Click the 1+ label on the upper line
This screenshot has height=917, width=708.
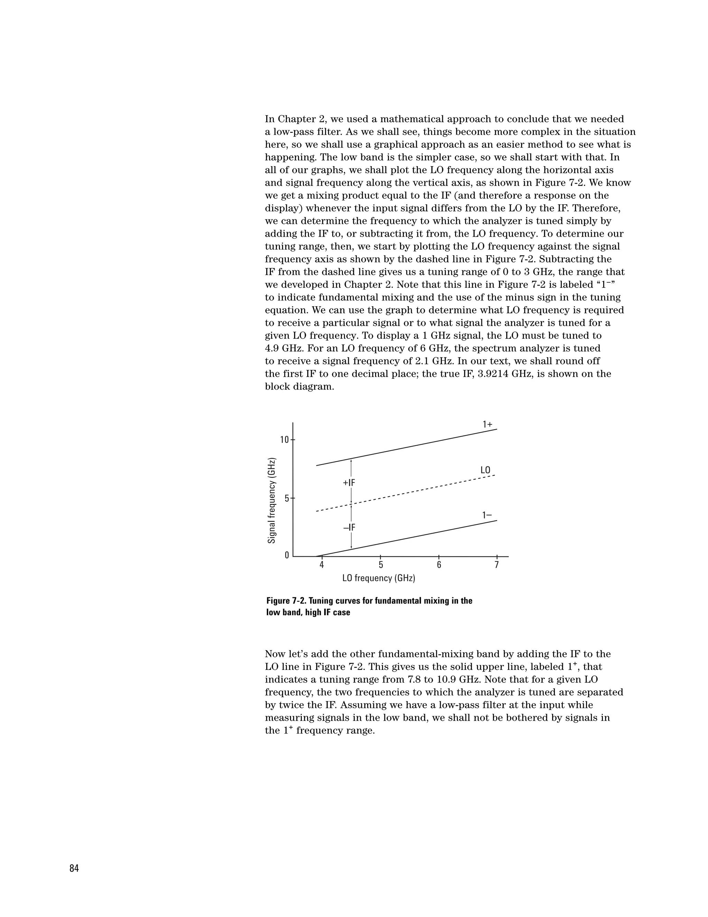click(x=487, y=425)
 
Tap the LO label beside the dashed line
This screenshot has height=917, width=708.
click(x=485, y=470)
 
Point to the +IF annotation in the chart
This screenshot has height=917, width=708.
click(x=349, y=483)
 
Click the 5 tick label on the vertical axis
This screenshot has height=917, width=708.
click(x=287, y=499)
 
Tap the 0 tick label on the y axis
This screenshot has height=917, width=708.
click(x=287, y=555)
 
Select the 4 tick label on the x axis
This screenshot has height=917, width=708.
click(x=322, y=565)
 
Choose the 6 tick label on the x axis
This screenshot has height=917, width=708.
click(x=439, y=565)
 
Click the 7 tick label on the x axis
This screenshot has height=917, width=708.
click(x=497, y=565)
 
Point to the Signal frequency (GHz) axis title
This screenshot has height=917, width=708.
click(x=272, y=500)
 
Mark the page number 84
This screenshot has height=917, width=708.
click(x=74, y=869)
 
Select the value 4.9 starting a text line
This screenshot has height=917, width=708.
click(x=274, y=348)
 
